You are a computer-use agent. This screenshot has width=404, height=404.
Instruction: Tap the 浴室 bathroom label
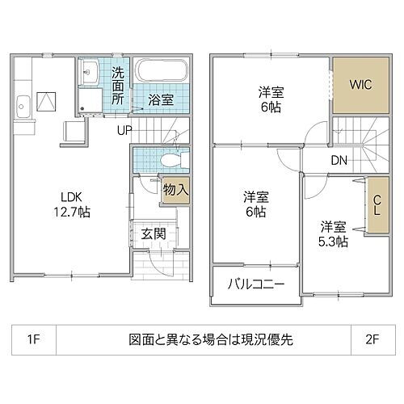(160, 100)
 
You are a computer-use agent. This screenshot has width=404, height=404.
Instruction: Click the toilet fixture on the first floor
(170, 160)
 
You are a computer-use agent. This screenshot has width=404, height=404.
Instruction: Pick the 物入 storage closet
(175, 191)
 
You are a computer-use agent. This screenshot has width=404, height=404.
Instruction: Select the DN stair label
(339, 161)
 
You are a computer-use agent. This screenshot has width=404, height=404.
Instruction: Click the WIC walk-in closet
(359, 85)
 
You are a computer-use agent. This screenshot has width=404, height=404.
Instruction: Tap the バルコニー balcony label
(255, 285)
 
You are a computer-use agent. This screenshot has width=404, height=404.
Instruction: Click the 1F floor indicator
(32, 339)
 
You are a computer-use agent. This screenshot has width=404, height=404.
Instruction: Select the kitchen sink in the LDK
(23, 105)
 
